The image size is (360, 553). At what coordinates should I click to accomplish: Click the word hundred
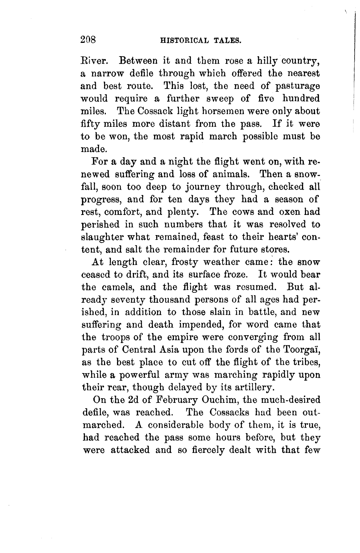coord(301,99)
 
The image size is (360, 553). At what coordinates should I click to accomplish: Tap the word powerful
coord(132,375)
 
